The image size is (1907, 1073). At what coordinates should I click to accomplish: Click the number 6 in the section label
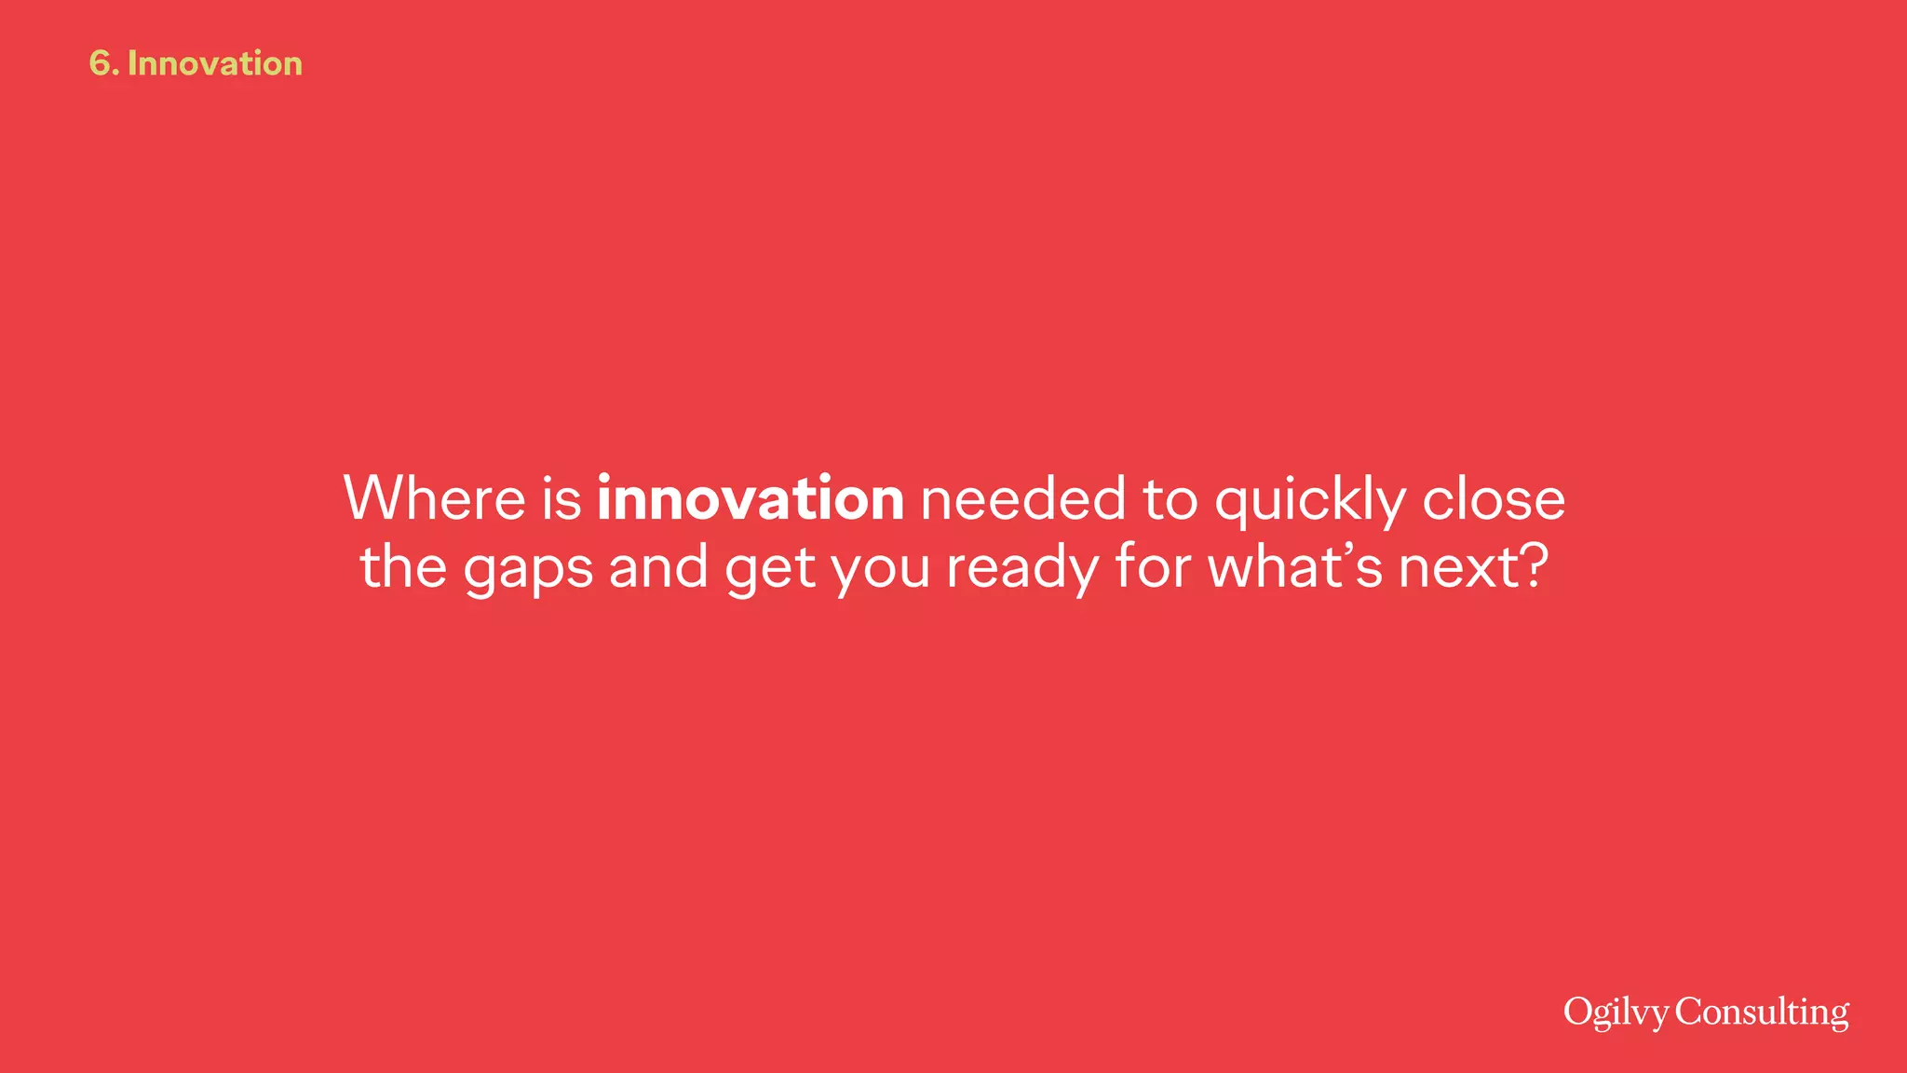[x=100, y=63]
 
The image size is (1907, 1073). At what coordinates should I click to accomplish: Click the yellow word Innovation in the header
[x=215, y=63]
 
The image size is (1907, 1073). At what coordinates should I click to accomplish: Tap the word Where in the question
[x=435, y=498]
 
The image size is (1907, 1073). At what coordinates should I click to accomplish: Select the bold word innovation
[x=751, y=498]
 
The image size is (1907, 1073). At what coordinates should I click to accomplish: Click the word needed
[x=1023, y=498]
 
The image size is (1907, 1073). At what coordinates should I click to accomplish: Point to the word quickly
[x=1310, y=500]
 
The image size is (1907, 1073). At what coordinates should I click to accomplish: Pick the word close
[x=1494, y=498]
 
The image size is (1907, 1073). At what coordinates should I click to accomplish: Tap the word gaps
[x=528, y=568]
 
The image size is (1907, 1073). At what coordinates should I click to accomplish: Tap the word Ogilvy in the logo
[x=1616, y=1012]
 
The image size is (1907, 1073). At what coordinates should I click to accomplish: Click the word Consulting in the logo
[x=1762, y=1012]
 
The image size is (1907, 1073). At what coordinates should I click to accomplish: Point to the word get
[x=770, y=568]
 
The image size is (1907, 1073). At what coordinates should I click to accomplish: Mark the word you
[x=880, y=568]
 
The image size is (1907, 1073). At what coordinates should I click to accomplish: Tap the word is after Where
[x=561, y=498]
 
